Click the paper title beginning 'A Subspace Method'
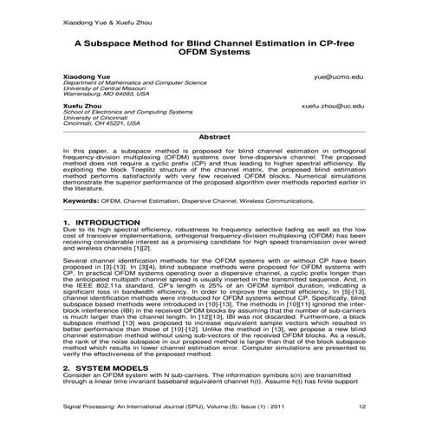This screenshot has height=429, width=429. coord(215,40)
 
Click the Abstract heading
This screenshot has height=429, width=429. coord(214,137)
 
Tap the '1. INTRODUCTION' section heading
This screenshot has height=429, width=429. coord(102,223)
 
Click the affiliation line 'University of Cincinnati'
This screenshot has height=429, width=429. coord(97,119)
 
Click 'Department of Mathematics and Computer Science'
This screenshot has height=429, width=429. coord(133,85)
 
